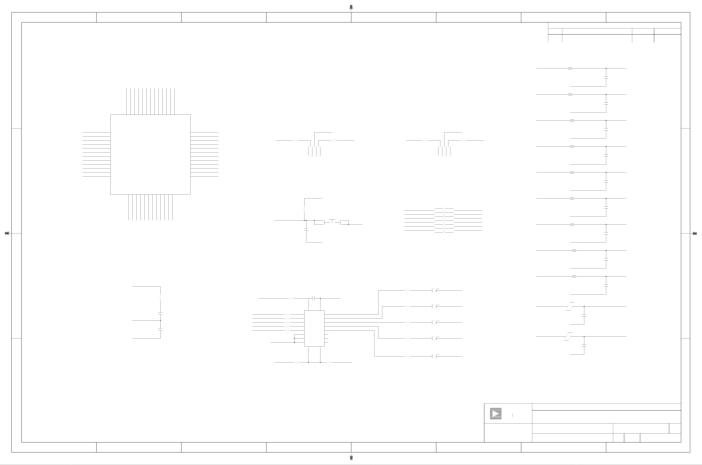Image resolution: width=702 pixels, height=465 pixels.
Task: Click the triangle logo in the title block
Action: (x=495, y=414)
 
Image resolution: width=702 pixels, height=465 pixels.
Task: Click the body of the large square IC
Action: (x=150, y=154)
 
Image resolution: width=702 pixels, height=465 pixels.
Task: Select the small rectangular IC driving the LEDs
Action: (x=314, y=328)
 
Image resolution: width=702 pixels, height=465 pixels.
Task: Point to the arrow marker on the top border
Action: (x=351, y=7)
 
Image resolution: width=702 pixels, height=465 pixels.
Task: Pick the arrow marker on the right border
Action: (x=694, y=233)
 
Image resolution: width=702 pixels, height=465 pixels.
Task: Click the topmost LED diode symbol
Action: (x=434, y=290)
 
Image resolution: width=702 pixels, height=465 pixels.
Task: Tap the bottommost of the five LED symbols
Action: (x=434, y=356)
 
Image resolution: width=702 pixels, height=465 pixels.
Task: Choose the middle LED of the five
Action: (x=434, y=322)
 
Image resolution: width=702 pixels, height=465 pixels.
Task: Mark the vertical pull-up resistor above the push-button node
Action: (x=304, y=209)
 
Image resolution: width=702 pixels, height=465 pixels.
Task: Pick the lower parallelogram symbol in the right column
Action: (x=568, y=336)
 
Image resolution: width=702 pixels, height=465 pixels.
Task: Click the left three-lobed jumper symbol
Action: (x=314, y=151)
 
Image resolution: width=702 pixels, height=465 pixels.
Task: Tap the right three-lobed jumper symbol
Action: (x=444, y=151)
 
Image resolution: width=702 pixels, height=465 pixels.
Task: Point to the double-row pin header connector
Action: (x=444, y=220)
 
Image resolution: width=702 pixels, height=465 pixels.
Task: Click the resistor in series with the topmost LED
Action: (x=407, y=290)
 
